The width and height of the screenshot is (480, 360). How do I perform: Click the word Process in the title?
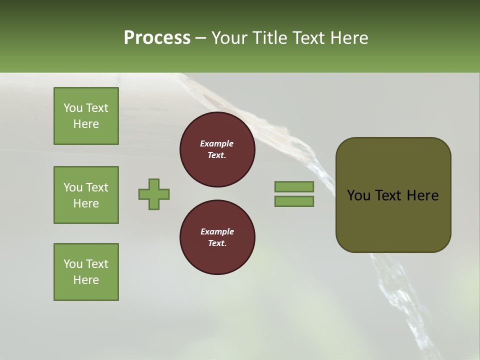click(157, 37)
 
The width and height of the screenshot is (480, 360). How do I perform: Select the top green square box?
click(86, 116)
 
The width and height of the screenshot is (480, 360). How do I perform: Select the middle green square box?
click(86, 195)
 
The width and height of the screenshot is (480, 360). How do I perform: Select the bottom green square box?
click(86, 272)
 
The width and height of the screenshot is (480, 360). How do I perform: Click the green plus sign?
click(154, 194)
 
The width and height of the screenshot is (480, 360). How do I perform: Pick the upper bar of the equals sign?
click(294, 186)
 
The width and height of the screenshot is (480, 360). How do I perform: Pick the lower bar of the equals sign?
click(294, 201)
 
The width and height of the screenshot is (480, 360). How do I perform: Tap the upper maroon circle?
click(217, 149)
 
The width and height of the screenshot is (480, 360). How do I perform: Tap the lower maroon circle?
click(217, 237)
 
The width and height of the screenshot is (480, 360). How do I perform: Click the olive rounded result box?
click(393, 195)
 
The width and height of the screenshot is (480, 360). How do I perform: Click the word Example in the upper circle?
click(217, 143)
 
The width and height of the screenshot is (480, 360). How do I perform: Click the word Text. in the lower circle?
click(217, 243)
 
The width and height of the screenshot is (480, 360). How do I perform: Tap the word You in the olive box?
click(359, 195)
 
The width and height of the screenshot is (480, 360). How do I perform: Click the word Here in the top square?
click(86, 124)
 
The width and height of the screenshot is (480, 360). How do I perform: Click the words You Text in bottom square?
click(86, 264)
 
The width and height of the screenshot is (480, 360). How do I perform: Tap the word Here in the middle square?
click(86, 203)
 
